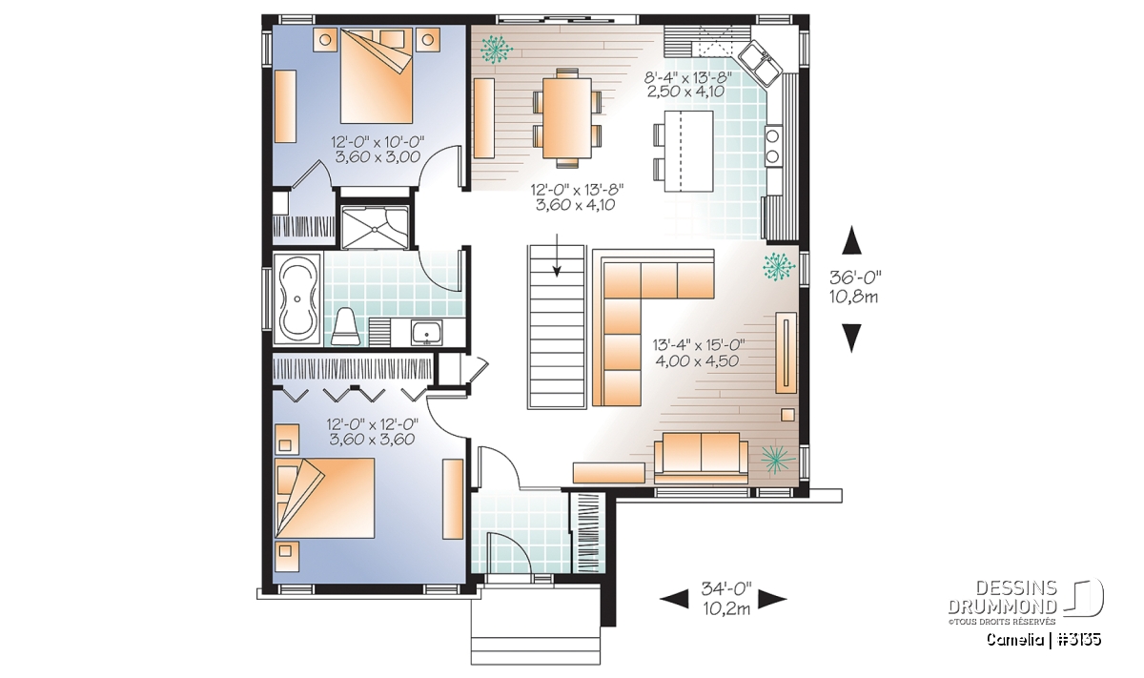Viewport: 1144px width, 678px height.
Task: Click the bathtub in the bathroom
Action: tap(296, 298)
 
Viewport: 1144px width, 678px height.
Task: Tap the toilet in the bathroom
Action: tap(346, 326)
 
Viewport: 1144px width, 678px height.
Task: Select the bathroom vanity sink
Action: tap(426, 333)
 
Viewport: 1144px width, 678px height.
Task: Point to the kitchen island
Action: tap(689, 151)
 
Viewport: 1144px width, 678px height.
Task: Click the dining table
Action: tap(567, 118)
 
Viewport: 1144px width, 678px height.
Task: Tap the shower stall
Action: tap(375, 227)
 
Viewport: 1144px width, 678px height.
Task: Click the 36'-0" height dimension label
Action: tap(855, 277)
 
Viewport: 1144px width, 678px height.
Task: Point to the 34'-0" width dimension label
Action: tap(726, 588)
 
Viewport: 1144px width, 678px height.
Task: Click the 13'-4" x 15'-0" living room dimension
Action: tap(699, 345)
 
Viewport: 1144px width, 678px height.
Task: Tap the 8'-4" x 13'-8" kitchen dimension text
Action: tap(688, 77)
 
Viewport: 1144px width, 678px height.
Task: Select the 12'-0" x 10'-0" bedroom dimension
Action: tap(378, 141)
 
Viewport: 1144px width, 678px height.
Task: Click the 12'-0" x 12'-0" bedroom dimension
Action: tap(373, 424)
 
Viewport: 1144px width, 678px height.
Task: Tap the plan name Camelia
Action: tap(1014, 640)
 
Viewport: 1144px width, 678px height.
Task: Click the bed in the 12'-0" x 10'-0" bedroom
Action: tap(377, 75)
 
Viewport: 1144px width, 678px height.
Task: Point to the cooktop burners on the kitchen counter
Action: tap(773, 146)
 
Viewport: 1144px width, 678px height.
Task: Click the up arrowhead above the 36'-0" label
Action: tap(851, 240)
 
